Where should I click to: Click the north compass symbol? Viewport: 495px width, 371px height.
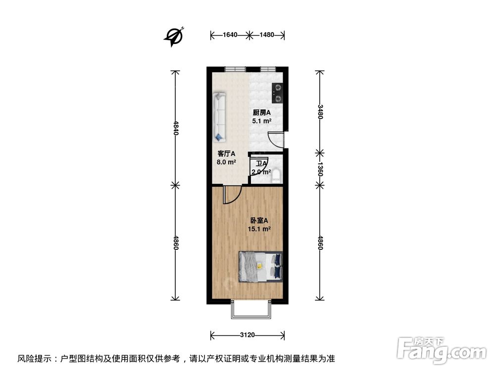click(175, 36)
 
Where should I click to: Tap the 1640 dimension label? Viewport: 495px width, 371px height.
click(230, 35)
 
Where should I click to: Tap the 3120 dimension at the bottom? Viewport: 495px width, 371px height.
click(247, 335)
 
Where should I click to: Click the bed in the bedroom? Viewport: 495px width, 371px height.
click(261, 267)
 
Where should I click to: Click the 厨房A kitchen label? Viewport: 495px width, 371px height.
click(261, 112)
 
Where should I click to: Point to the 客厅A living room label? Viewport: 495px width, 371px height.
click(226, 153)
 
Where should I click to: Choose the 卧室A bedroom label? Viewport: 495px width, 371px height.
click(259, 221)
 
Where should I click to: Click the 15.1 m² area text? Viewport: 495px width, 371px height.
click(259, 229)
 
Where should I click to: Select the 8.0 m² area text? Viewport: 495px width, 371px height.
click(226, 161)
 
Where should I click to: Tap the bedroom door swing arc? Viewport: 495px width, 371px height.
click(232, 195)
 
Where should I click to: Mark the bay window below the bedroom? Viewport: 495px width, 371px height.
click(251, 310)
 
